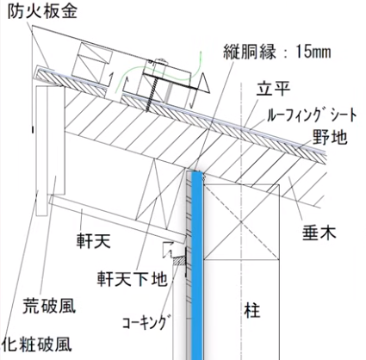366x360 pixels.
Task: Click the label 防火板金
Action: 42,12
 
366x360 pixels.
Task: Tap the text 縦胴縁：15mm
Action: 277,53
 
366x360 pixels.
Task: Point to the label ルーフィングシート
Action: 312,115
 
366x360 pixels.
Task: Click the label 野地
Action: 330,137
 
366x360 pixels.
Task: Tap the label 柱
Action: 252,310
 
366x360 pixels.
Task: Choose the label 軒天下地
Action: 132,278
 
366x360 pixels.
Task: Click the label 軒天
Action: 93,240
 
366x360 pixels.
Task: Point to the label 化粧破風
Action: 37,344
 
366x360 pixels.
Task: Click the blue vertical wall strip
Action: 197,265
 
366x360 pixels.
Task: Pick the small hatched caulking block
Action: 179,262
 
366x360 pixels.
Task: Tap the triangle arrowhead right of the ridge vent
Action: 205,83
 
